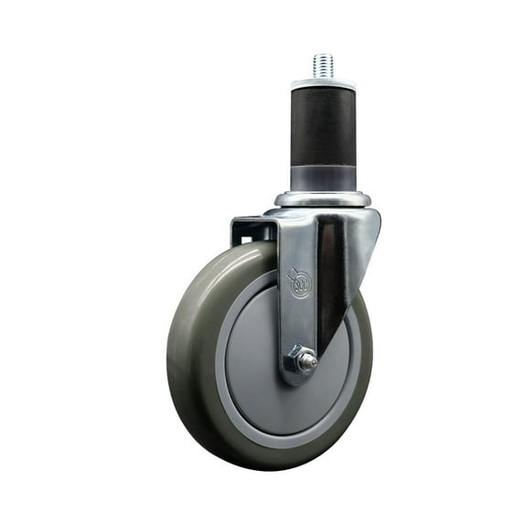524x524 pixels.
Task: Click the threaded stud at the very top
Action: pyautogui.click(x=323, y=66)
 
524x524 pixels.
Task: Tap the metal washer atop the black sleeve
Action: pyautogui.click(x=323, y=84)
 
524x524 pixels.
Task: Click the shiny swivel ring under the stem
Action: pyautogui.click(x=323, y=198)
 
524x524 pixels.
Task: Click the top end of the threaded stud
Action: pyautogui.click(x=323, y=56)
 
